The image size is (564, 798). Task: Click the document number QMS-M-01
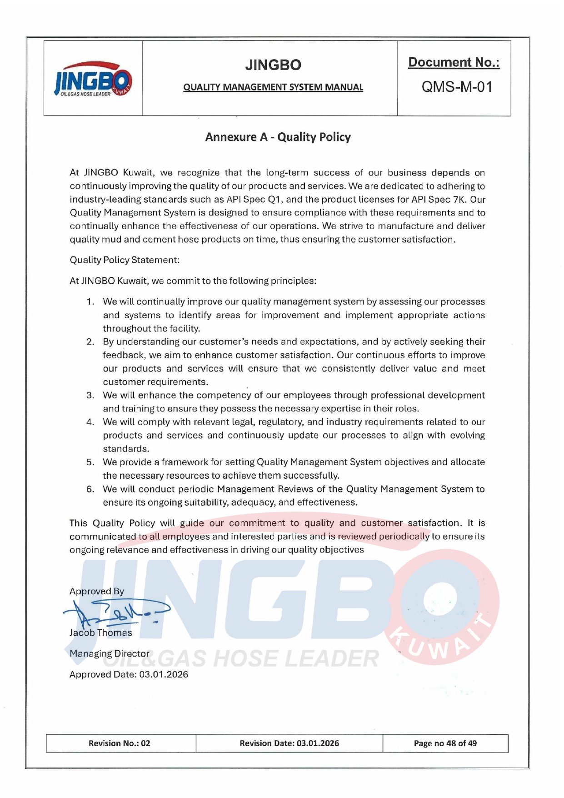457,86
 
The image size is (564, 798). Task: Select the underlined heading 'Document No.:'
454,62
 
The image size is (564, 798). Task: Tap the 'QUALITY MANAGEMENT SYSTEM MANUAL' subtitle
273,87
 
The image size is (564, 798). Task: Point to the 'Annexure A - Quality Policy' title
278,137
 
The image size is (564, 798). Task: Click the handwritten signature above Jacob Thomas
116,612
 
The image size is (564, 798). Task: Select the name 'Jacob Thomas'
100,632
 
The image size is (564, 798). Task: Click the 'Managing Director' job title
109,653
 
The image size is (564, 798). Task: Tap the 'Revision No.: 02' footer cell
120,743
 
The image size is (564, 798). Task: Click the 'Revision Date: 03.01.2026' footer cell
289,743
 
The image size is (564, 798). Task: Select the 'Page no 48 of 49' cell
445,743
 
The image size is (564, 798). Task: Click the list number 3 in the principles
90,395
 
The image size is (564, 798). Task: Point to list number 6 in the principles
90,489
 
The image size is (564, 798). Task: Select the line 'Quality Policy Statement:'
125,260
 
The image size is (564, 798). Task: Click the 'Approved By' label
96,591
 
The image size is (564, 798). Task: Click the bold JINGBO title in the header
273,65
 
